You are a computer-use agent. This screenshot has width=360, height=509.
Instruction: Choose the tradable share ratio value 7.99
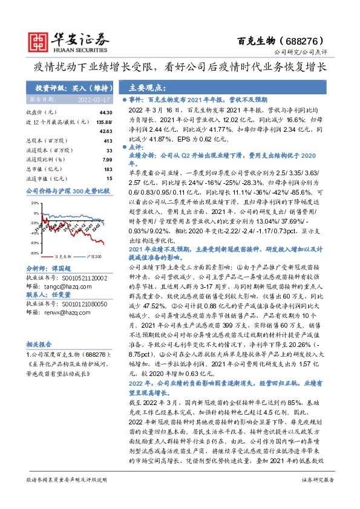106,160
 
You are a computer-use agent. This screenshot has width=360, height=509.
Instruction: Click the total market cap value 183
108,169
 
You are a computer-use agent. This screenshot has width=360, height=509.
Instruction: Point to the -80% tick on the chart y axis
30,252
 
